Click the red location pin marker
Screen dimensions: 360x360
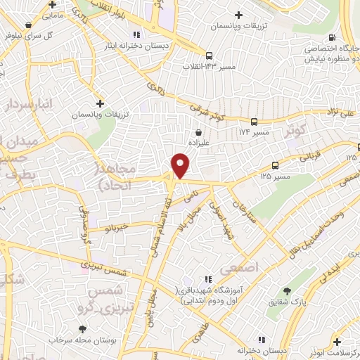[181, 165]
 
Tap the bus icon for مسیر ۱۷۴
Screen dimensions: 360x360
[254, 121]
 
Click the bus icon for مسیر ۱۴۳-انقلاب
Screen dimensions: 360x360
[209, 56]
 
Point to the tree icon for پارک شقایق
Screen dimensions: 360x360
[286, 290]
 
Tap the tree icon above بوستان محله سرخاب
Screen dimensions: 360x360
[83, 329]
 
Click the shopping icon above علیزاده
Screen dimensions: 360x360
[199, 131]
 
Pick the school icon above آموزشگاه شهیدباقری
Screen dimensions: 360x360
[207, 279]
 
